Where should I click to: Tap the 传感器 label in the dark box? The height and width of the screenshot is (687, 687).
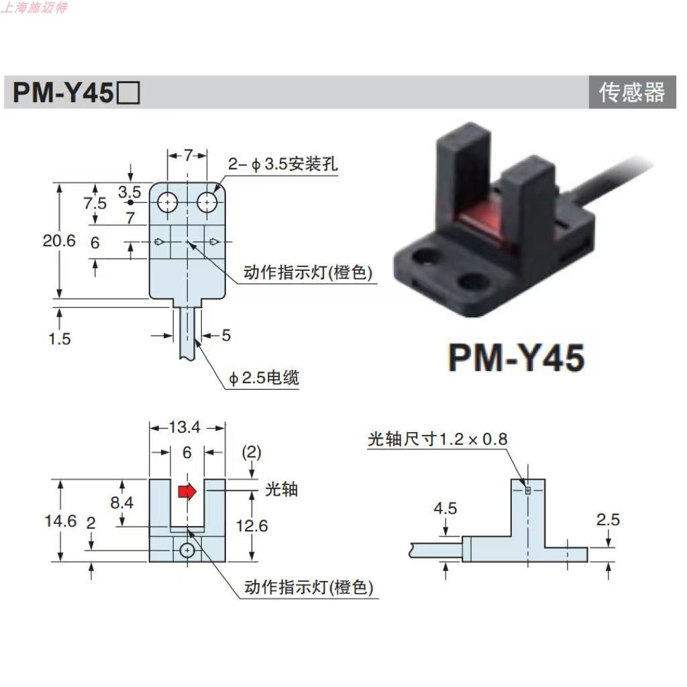pos(631,93)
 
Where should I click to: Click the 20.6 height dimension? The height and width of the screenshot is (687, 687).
pos(60,240)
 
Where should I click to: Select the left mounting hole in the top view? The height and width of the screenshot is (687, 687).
pos(166,201)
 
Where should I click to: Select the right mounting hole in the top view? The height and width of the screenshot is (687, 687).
pos(207,201)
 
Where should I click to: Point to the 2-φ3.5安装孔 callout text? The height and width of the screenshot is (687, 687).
pos(282,164)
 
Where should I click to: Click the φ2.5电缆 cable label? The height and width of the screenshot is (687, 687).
pos(264,378)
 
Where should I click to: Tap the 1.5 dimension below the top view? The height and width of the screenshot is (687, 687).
pos(60,338)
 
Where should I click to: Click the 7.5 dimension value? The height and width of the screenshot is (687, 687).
pos(95,203)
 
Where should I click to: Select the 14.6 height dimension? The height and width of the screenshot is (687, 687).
pos(60,521)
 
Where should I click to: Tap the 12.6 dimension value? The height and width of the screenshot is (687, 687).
pos(252,525)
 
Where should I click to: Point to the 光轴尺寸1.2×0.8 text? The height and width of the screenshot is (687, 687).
pos(437,439)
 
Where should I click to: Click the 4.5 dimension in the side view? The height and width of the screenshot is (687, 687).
pos(445,509)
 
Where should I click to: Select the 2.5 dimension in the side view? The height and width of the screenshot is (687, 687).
pos(607,519)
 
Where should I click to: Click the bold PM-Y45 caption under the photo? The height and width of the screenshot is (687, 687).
pos(516,357)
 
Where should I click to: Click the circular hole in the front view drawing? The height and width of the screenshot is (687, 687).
pos(187,550)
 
